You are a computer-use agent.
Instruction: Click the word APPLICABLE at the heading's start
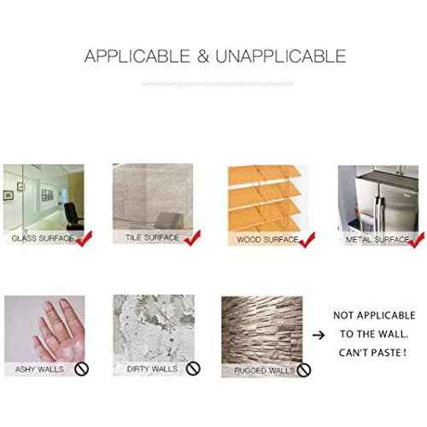(137, 56)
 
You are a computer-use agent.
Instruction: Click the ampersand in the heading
(203, 56)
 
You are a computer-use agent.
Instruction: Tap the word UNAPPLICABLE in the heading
(281, 56)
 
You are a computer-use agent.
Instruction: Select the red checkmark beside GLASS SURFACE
(84, 238)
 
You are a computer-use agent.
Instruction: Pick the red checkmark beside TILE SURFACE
(192, 237)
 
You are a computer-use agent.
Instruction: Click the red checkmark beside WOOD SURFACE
(307, 240)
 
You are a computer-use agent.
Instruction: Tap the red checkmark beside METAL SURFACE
(417, 240)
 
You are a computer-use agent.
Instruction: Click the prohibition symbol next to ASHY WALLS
(81, 369)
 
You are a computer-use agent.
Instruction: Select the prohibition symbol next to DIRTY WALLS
(193, 369)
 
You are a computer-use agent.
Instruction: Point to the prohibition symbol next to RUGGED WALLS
(303, 370)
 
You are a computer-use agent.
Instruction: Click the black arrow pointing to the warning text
(319, 335)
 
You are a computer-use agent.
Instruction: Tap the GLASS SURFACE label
(43, 238)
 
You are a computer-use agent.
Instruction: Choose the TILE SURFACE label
(152, 237)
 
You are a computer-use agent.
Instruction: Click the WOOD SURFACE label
(267, 240)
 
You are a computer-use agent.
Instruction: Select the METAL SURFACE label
(377, 240)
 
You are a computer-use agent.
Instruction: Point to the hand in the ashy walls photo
(60, 330)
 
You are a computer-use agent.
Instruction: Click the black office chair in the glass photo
(73, 216)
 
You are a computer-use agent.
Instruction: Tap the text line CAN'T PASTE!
(372, 353)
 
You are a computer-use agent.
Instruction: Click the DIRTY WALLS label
(152, 369)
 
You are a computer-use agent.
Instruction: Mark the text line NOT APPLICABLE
(374, 315)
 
